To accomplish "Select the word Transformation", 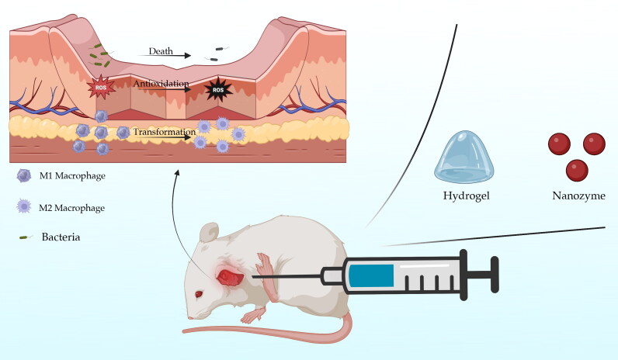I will pos(163,133).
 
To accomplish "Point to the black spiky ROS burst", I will pos(217,91).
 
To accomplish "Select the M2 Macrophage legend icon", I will pos(24,207).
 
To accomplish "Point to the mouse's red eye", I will pos(199,294).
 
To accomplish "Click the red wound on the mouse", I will pos(231,275).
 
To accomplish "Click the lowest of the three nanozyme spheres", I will pos(576,168).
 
